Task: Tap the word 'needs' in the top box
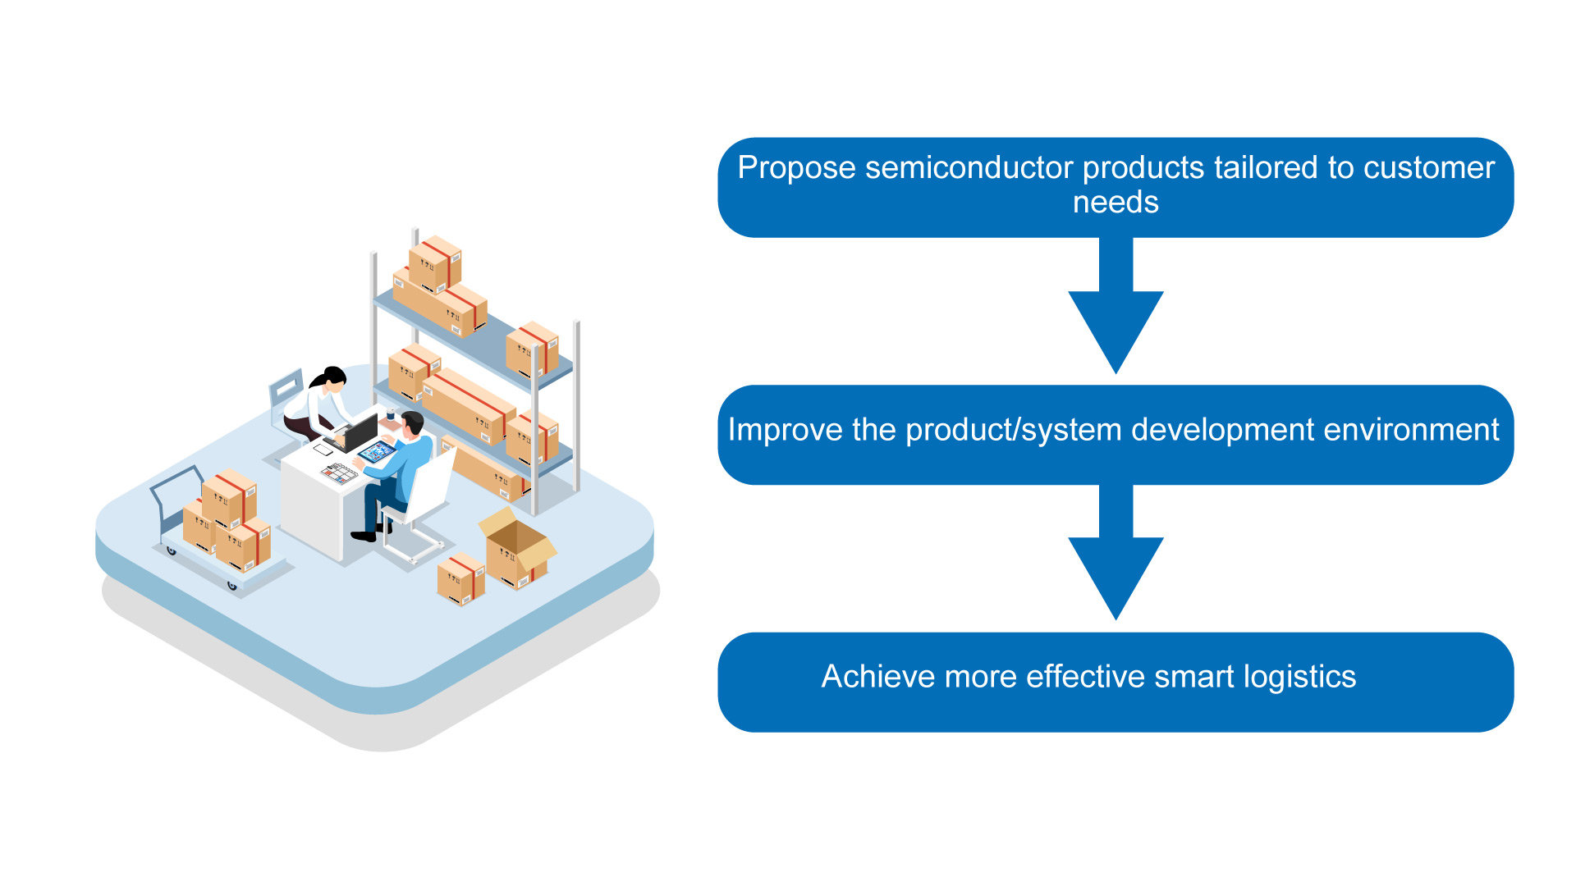point(1116,202)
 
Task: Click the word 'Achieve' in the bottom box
point(878,677)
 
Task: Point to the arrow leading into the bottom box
point(1116,553)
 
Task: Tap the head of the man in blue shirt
point(412,424)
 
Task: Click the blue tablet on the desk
point(377,451)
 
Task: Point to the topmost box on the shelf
point(435,263)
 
